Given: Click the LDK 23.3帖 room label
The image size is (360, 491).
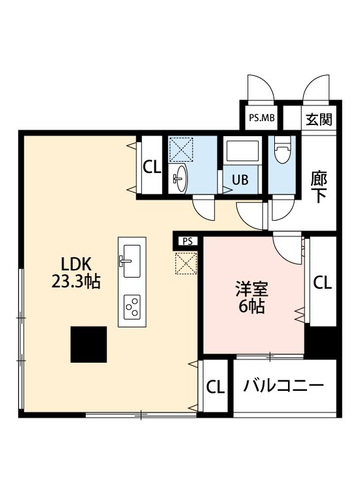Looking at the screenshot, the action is pyautogui.click(x=76, y=272).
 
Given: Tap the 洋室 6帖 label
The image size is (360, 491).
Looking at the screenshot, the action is pyautogui.click(x=252, y=297).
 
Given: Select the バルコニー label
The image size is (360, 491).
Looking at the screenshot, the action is pyautogui.click(x=283, y=386).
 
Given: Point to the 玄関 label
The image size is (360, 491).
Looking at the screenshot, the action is pyautogui.click(x=319, y=119).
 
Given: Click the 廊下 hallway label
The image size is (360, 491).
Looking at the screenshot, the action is pyautogui.click(x=319, y=188).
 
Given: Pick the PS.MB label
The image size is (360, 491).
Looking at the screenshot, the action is pyautogui.click(x=262, y=118).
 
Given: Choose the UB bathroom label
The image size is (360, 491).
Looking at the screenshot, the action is pyautogui.click(x=240, y=180).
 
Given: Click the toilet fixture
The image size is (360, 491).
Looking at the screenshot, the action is pyautogui.click(x=282, y=151).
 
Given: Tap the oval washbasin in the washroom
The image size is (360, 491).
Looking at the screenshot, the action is pyautogui.click(x=179, y=179).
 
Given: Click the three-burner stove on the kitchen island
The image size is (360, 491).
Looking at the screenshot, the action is pyautogui.click(x=132, y=307).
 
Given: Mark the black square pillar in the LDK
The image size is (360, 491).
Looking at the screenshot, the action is pyautogui.click(x=88, y=344).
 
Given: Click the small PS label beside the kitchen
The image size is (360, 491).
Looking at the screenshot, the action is pyautogui.click(x=187, y=242).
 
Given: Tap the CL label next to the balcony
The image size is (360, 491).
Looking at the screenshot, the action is pyautogui.click(x=215, y=387).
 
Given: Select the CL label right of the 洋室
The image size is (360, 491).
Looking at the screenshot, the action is pyautogui.click(x=323, y=283).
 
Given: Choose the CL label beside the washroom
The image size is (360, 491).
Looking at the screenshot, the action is pyautogui.click(x=152, y=167).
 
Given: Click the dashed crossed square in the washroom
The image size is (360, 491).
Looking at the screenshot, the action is pyautogui.click(x=181, y=149).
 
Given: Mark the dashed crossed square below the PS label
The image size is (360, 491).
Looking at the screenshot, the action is pyautogui.click(x=186, y=263).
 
